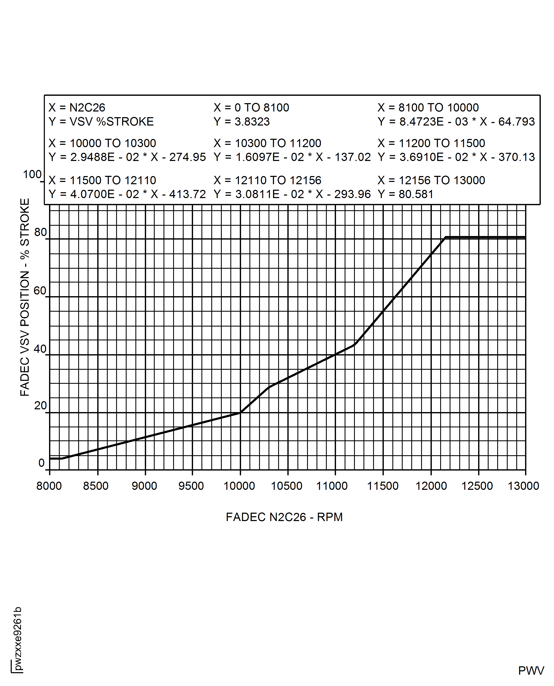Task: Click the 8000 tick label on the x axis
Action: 49,486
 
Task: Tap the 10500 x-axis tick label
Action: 286,486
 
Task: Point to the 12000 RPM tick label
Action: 431,486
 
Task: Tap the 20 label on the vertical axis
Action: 40,406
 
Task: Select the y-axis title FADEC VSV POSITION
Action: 25,297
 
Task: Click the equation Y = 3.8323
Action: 242,122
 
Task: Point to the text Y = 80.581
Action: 405,194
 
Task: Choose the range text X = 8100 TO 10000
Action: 428,108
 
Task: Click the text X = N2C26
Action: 77,108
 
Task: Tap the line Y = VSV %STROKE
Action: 101,122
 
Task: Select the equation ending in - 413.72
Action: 127,194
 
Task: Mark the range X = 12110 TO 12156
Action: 267,180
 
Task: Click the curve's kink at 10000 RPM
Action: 240,412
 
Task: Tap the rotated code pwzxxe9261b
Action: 18,638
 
